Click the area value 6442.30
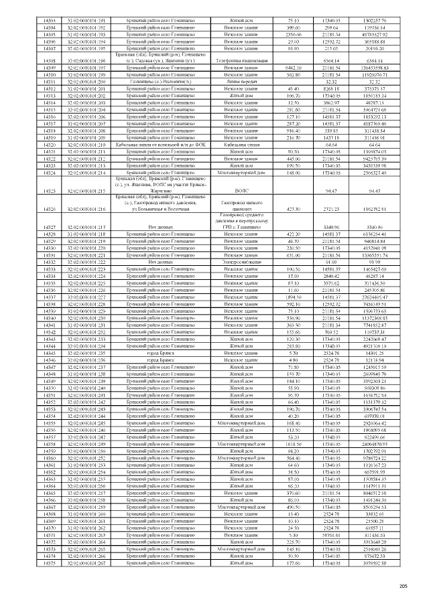(293, 68)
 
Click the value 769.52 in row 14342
(332, 331)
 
